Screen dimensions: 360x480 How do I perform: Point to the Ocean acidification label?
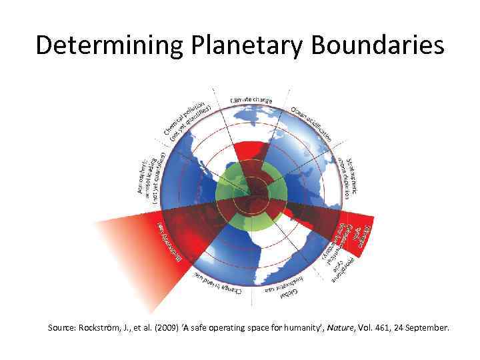coord(311,123)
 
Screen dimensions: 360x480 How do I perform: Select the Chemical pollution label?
coord(189,119)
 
